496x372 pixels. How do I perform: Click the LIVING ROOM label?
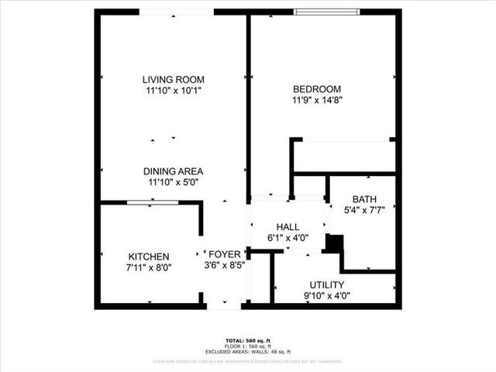(173, 79)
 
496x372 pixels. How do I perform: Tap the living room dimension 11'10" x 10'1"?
(173, 91)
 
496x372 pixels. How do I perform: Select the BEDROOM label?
(317, 88)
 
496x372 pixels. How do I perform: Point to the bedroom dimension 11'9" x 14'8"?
(317, 99)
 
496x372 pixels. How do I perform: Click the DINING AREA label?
(173, 171)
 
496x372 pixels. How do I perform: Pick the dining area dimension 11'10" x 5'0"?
(173, 183)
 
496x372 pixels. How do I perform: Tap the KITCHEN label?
(150, 257)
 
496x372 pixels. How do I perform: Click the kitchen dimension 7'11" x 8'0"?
(150, 267)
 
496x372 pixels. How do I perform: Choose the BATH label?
(364, 198)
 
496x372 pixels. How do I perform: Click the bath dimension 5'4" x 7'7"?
(364, 209)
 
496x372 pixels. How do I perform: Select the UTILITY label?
(326, 284)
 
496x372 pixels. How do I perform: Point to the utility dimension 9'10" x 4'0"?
(326, 295)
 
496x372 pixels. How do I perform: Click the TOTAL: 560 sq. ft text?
(247, 341)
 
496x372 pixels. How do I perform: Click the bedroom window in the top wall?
(326, 12)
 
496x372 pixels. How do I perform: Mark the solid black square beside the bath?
(333, 243)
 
